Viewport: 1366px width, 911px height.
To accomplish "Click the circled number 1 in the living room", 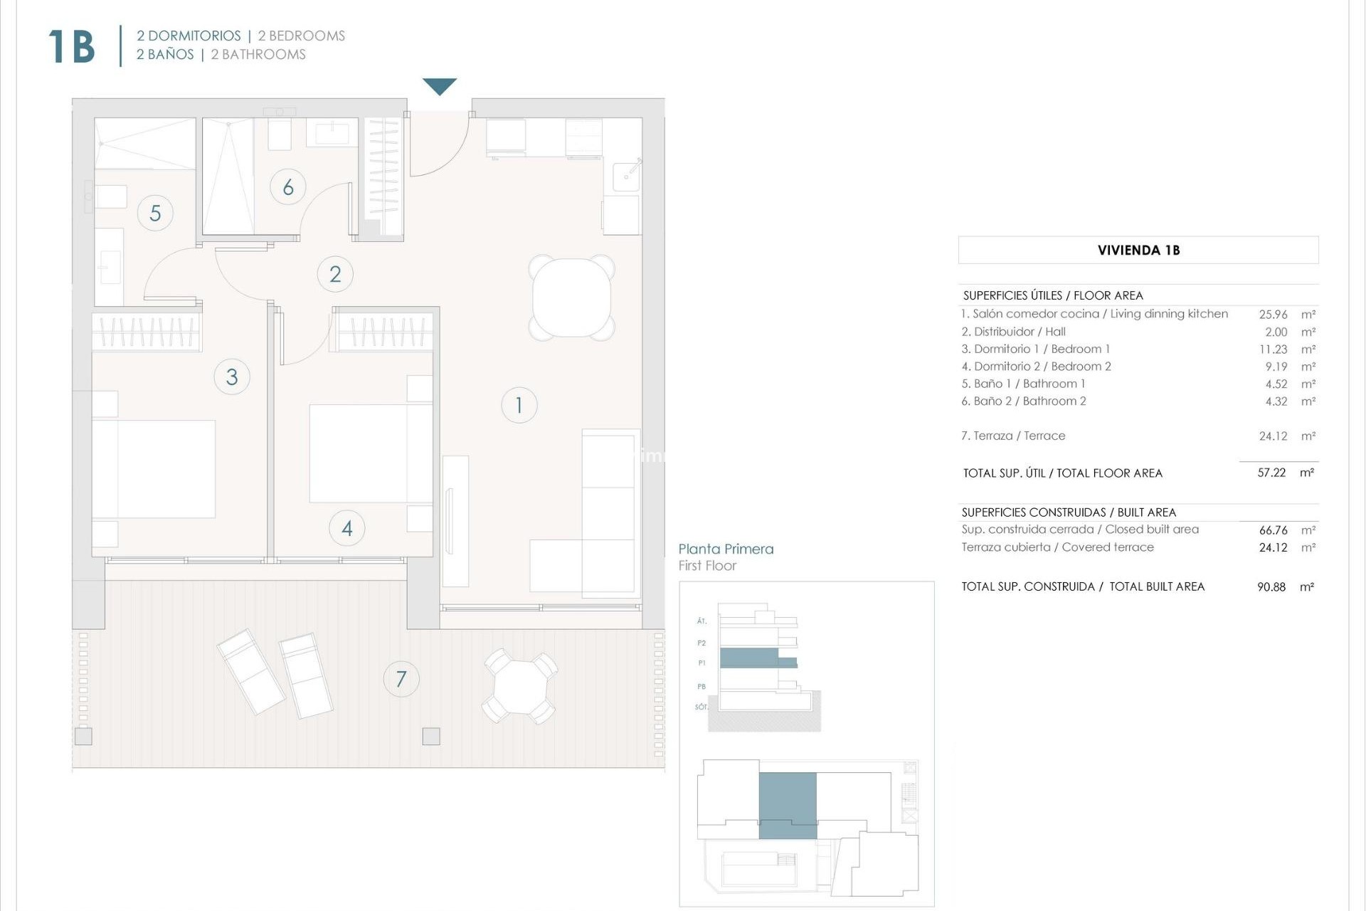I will (x=519, y=405).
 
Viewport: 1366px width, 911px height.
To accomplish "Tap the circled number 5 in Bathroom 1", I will (x=155, y=213).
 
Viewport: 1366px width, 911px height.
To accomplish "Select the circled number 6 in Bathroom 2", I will (x=288, y=187).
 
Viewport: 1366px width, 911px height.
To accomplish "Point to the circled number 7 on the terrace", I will (x=401, y=679).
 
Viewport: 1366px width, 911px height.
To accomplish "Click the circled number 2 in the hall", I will (x=335, y=274).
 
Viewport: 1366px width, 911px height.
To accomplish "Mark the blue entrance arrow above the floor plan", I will (x=440, y=86).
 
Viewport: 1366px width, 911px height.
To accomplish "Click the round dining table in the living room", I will (x=571, y=297).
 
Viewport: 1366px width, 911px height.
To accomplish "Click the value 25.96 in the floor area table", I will (x=1273, y=314).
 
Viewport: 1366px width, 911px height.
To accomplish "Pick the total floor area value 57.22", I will (x=1271, y=473).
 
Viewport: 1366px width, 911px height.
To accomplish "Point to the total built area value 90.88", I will (x=1271, y=587).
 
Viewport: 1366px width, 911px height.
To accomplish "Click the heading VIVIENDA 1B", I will (x=1138, y=250).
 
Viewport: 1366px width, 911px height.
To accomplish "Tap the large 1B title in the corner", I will (x=72, y=47).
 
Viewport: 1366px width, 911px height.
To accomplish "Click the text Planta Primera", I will (x=726, y=549).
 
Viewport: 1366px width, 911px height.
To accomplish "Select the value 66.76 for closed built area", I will (x=1273, y=530).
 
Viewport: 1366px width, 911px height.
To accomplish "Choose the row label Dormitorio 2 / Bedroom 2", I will (x=1035, y=367).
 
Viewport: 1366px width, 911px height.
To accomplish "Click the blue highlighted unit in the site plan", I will (x=788, y=805).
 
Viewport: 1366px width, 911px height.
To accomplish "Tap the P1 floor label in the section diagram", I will (x=701, y=663).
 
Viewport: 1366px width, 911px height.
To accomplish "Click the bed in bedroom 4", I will (x=370, y=453).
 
